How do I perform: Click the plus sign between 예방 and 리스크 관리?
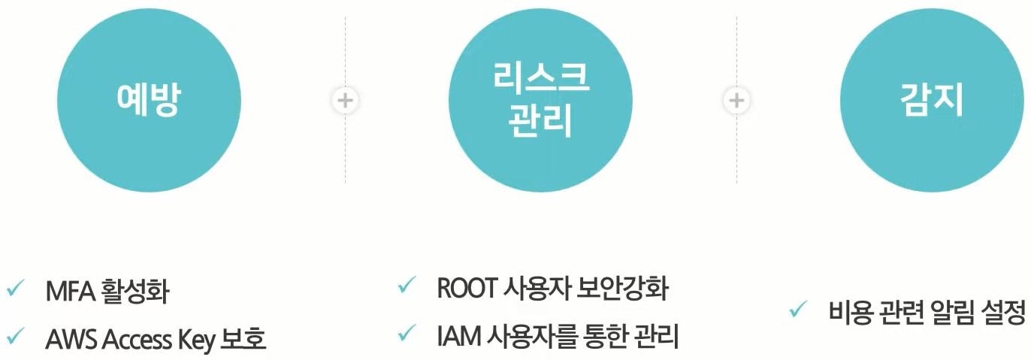(345, 100)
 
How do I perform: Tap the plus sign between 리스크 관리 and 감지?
(736, 100)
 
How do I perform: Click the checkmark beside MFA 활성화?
(15, 289)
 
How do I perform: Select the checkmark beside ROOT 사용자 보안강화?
(407, 286)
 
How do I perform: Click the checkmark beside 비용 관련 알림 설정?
(798, 309)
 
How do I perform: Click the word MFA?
(68, 292)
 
